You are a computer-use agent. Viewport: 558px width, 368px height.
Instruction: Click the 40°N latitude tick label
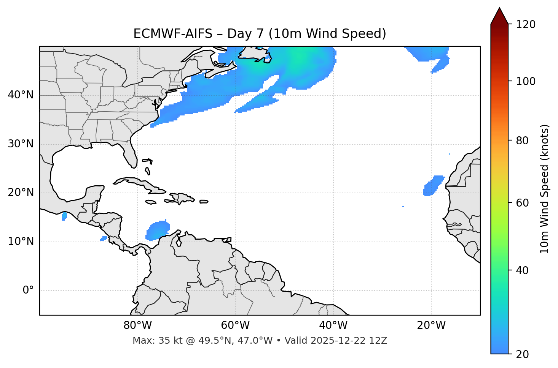pyautogui.click(x=21, y=95)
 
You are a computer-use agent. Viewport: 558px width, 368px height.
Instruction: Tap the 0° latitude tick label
pyautogui.click(x=28, y=291)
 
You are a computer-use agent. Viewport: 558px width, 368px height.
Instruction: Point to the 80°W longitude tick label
pyautogui.click(x=137, y=325)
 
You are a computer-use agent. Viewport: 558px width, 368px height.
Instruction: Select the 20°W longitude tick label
pyautogui.click(x=431, y=325)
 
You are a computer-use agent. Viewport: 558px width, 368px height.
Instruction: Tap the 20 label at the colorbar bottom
pyautogui.click(x=522, y=354)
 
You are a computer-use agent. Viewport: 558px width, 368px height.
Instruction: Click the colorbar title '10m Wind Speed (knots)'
pyautogui.click(x=545, y=189)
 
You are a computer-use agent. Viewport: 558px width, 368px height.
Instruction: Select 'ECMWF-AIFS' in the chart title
pyautogui.click(x=173, y=34)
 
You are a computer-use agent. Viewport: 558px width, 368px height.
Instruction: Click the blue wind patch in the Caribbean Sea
pyautogui.click(x=158, y=230)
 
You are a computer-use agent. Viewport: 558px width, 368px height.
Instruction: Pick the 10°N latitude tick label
pyautogui.click(x=21, y=242)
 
